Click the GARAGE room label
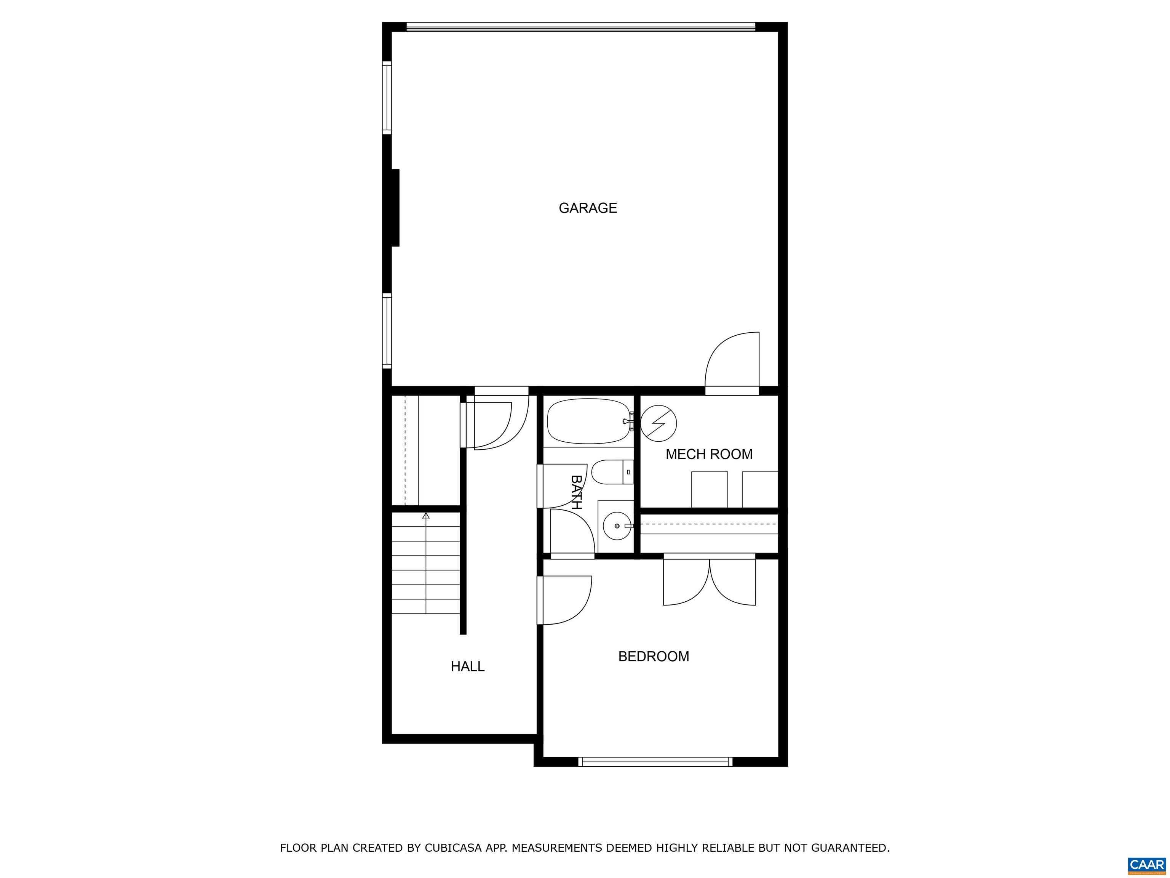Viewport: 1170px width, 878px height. tap(588, 208)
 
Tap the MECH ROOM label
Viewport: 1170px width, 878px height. tap(709, 454)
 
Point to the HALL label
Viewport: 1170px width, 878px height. tap(468, 666)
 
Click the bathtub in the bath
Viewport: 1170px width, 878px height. tap(588, 421)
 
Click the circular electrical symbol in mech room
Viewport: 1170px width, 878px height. tap(659, 423)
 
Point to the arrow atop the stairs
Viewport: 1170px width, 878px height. tap(426, 516)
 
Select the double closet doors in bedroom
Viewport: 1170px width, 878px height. tap(709, 582)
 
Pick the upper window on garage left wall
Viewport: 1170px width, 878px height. tap(387, 98)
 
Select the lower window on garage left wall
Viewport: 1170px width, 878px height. tap(387, 331)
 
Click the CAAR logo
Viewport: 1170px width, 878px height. tap(1146, 864)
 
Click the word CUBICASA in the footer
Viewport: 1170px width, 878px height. tap(453, 848)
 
